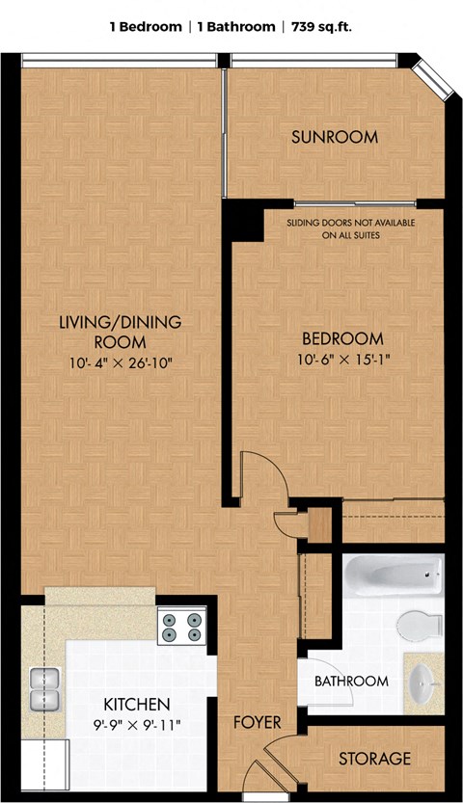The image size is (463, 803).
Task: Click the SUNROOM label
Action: pyautogui.click(x=335, y=137)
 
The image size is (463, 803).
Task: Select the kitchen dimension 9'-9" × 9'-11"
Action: pyautogui.click(x=136, y=725)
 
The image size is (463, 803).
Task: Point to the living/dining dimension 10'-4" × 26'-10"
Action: pyautogui.click(x=121, y=363)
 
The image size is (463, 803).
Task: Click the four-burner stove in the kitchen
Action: pyautogui.click(x=181, y=628)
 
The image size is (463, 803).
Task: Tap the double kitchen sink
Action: pyautogui.click(x=44, y=690)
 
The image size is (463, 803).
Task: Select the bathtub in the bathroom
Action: pyautogui.click(x=393, y=575)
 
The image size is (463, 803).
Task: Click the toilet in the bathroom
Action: pyautogui.click(x=420, y=625)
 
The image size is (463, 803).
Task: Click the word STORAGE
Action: pyautogui.click(x=374, y=758)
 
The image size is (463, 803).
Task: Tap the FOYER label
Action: pyautogui.click(x=258, y=723)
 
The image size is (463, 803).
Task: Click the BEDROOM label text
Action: pyautogui.click(x=342, y=338)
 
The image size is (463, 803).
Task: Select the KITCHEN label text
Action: pyautogui.click(x=137, y=704)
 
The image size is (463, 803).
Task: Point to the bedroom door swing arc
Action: pyautogui.click(x=276, y=466)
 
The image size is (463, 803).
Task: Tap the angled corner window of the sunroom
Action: pyautogui.click(x=434, y=78)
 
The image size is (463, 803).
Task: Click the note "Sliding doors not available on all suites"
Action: pyautogui.click(x=351, y=228)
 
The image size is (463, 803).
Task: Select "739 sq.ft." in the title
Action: pyautogui.click(x=321, y=27)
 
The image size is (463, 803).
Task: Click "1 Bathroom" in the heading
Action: pyautogui.click(x=236, y=27)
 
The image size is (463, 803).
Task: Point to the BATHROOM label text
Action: pyautogui.click(x=351, y=682)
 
